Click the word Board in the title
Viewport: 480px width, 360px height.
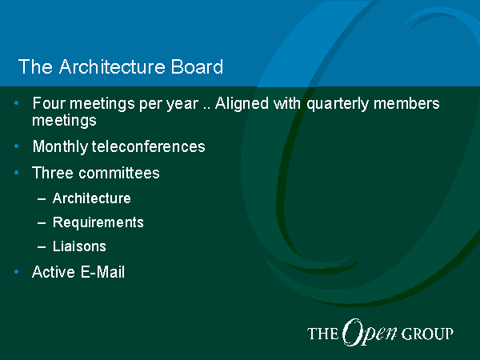tap(197, 66)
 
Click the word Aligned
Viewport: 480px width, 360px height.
tap(242, 104)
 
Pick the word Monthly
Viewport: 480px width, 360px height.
tap(60, 147)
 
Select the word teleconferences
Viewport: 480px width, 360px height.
tap(149, 146)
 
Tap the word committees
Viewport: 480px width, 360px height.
tap(119, 173)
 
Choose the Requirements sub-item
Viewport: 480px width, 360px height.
tap(98, 223)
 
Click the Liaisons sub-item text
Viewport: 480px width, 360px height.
tap(79, 246)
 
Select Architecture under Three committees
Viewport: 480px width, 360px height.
tap(91, 198)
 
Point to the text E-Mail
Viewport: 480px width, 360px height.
tap(102, 272)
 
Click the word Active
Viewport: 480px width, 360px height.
tap(53, 272)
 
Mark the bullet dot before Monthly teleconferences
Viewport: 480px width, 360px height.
tap(17, 146)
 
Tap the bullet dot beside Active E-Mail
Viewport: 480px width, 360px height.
tap(17, 272)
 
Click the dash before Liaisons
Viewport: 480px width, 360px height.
tap(42, 246)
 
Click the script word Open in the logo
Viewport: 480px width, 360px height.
tap(370, 333)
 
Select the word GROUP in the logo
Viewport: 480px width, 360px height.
tap(427, 334)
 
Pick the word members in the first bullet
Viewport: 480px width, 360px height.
tap(406, 103)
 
